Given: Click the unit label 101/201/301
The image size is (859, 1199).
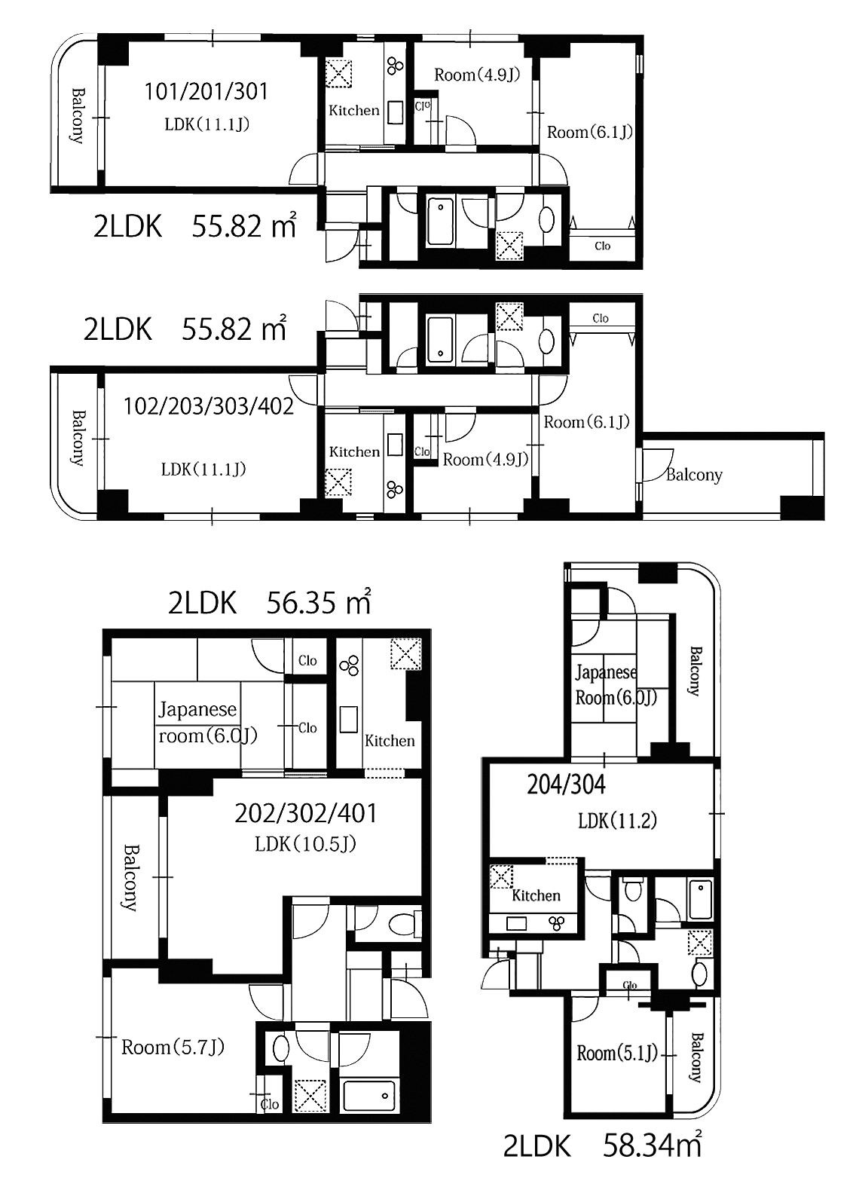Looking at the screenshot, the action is point(206,91).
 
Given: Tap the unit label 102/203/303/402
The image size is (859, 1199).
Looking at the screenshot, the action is point(209,407).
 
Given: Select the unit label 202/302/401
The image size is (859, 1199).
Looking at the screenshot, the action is point(306,814).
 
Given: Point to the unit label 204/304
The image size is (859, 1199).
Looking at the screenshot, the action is point(566,785).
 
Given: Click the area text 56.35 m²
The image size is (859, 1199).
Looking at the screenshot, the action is point(319,602).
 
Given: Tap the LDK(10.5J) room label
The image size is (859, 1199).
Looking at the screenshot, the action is point(306,844).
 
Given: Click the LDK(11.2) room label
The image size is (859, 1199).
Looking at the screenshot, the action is point(617,821).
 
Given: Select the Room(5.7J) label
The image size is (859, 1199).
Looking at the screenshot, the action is point(173,1047).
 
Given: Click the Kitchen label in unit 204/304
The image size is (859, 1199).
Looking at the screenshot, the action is point(536,895).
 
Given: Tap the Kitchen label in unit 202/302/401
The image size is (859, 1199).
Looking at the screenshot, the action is point(390,741).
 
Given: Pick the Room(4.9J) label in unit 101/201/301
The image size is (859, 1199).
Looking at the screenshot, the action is point(477,75).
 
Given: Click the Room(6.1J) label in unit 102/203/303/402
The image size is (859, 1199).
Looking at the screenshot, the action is point(586,422).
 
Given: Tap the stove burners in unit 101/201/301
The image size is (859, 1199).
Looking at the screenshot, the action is point(396,66).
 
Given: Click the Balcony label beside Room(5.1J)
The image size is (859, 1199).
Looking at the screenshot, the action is point(695,1058).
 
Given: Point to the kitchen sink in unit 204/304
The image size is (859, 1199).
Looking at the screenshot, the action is point(516,923).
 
